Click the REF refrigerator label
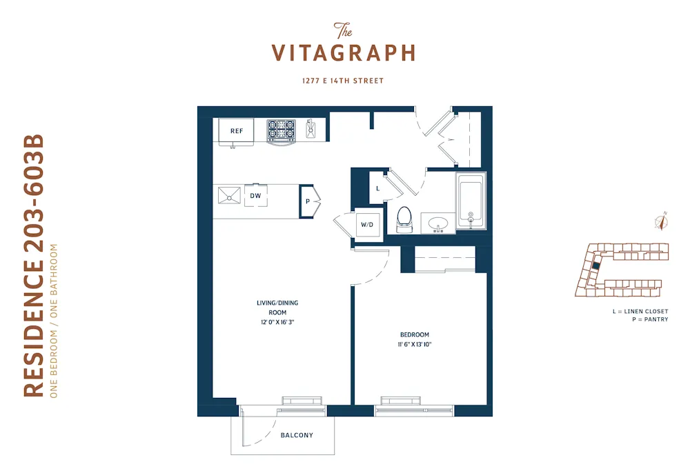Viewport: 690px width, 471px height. coord(237,130)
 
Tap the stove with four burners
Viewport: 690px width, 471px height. coord(281,130)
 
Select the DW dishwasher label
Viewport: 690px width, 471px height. coord(255,196)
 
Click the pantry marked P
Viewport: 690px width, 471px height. coord(308,201)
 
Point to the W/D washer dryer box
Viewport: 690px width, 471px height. coord(366,224)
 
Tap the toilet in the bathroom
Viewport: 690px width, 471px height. coord(404,219)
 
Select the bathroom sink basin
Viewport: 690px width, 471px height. coord(438,223)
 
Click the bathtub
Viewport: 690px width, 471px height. coord(471,201)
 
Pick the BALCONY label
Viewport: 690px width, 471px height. coord(297,435)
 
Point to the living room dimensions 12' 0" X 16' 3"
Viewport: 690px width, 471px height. coord(277,322)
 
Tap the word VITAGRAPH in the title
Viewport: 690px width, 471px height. coord(343,53)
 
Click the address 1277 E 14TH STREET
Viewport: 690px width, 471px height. coord(343,81)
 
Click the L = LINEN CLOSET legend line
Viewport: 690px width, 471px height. coord(640,311)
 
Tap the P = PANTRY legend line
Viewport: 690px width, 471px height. coord(649,319)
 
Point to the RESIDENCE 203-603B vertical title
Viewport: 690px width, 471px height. coord(34,266)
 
